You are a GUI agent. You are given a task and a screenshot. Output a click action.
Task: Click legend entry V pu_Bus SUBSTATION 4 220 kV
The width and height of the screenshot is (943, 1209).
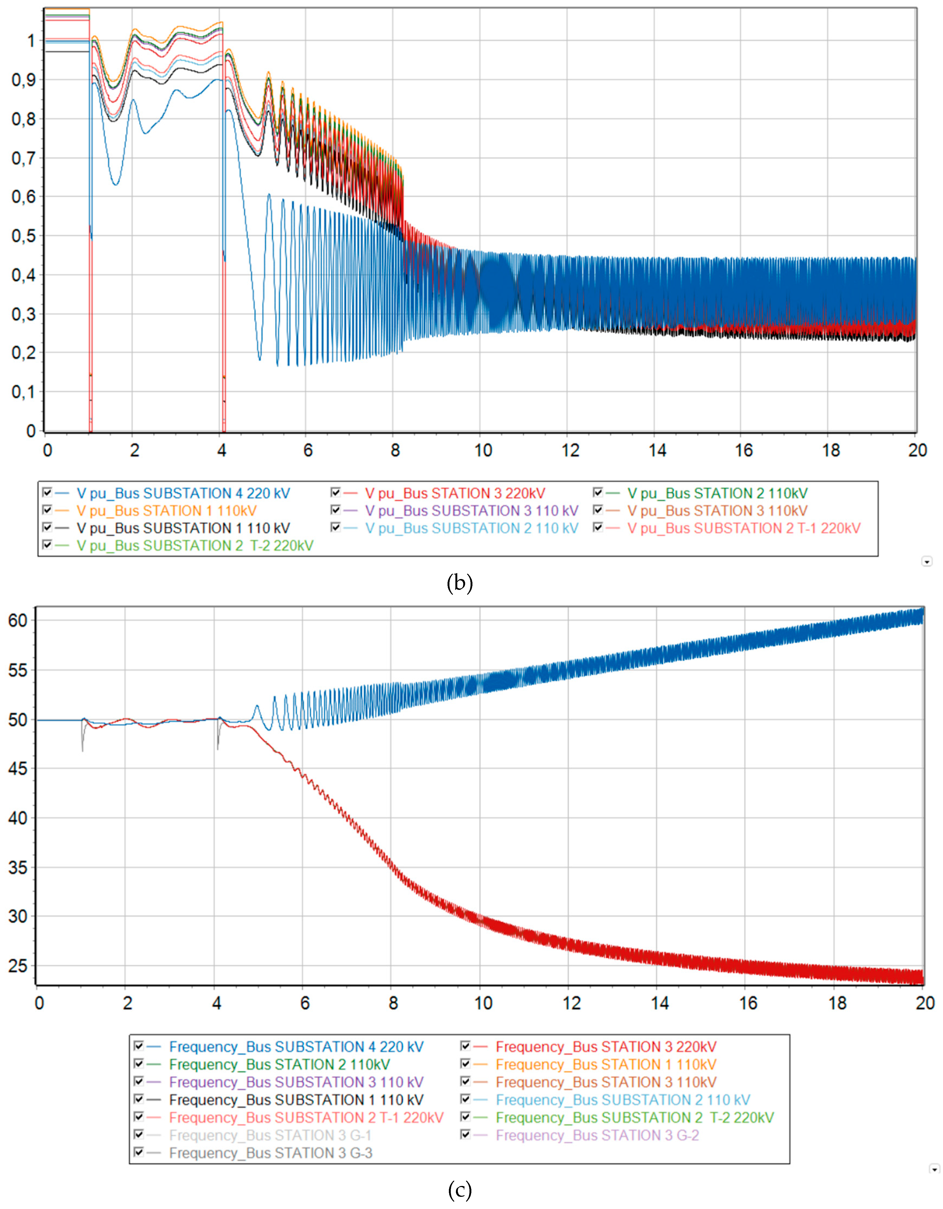pos(183,493)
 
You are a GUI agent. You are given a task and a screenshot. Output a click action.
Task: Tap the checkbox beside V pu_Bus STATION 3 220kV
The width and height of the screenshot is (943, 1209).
pos(335,492)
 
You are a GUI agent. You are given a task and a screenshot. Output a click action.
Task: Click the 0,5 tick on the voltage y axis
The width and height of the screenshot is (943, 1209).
pos(23,236)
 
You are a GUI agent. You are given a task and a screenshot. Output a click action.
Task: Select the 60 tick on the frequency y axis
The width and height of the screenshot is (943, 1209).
pos(18,620)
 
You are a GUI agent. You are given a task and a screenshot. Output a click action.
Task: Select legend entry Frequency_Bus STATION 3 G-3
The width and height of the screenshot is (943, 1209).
pos(270,1153)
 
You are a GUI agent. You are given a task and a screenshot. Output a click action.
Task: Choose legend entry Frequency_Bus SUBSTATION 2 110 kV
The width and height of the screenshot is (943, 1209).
pos(623,1100)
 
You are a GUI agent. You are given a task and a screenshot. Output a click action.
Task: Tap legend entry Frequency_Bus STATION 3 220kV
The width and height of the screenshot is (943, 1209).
pos(605,1047)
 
